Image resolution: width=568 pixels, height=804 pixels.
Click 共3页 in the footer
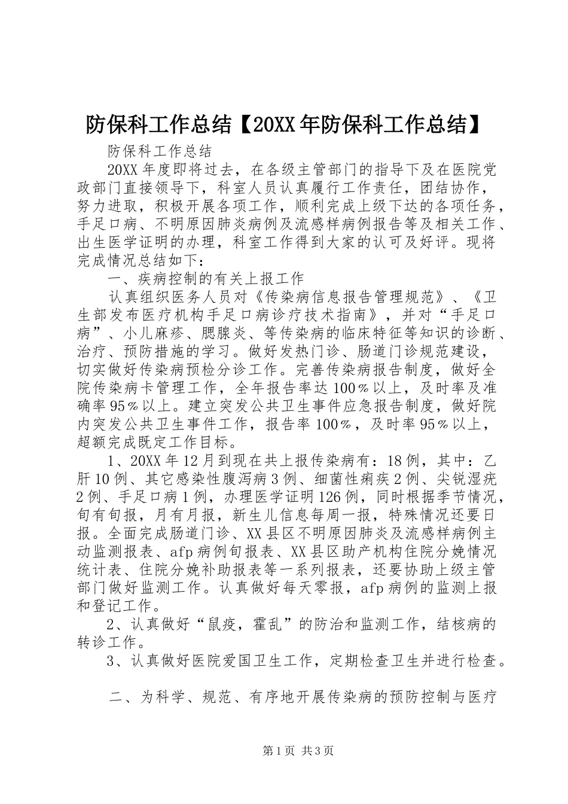click(x=318, y=768)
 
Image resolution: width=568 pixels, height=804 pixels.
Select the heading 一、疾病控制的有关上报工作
click(x=206, y=278)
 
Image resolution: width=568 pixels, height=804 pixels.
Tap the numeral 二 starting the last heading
click(x=117, y=698)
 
